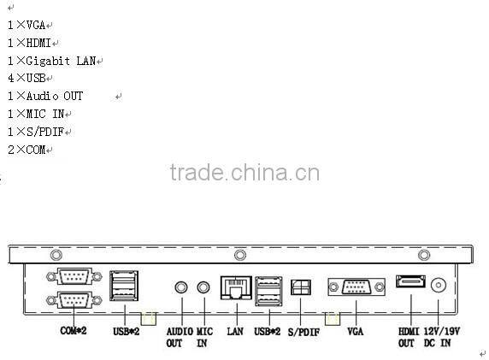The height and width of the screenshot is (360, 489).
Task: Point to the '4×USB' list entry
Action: pyautogui.click(x=27, y=79)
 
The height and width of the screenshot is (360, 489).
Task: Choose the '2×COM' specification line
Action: pyautogui.click(x=27, y=150)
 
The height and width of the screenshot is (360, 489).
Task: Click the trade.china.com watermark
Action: pyautogui.click(x=244, y=173)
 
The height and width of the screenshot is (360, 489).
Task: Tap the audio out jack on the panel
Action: pyautogui.click(x=181, y=287)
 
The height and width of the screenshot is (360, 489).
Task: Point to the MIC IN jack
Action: pyautogui.click(x=204, y=287)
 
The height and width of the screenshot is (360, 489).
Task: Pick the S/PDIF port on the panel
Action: pyautogui.click(x=301, y=287)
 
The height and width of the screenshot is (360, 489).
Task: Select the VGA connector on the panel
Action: pyautogui.click(x=351, y=286)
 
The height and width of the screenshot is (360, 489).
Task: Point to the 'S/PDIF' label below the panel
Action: pyautogui.click(x=303, y=331)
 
